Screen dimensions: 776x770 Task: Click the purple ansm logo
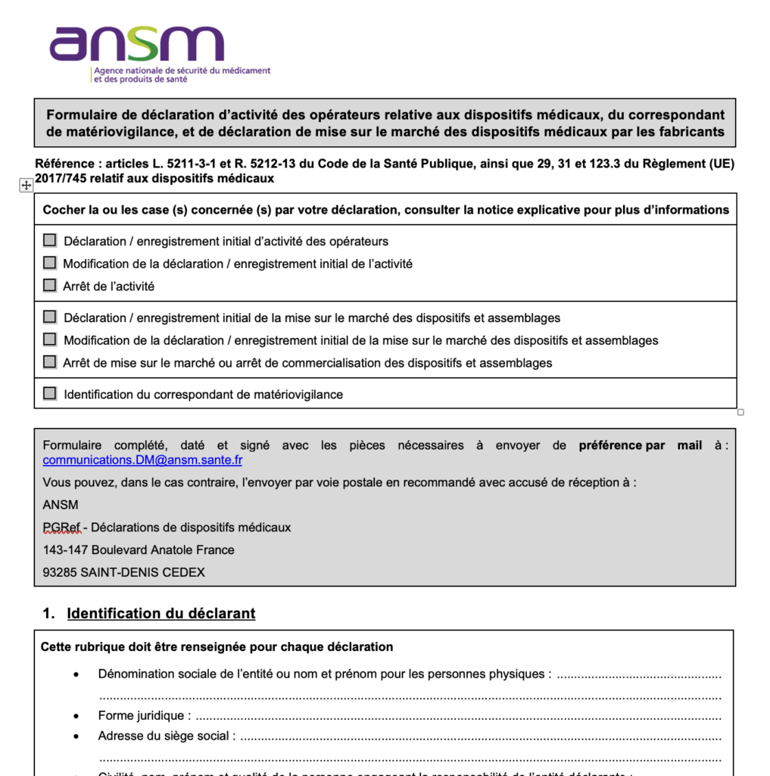(136, 45)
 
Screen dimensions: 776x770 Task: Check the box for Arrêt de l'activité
(50, 286)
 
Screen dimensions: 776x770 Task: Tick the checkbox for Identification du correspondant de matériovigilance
(50, 393)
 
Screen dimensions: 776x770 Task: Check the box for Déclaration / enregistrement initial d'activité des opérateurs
(50, 240)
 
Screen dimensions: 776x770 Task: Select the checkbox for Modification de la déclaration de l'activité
(50, 263)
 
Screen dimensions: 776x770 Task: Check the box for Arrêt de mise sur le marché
(50, 361)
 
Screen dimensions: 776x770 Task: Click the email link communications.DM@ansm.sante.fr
(142, 460)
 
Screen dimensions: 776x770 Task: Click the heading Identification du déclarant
(161, 613)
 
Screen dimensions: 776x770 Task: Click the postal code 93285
(59, 572)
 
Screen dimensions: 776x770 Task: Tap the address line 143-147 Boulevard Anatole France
(139, 549)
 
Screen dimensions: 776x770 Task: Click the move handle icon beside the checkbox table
(26, 186)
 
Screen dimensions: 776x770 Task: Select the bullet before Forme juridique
(76, 715)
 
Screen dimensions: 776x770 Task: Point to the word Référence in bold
(64, 164)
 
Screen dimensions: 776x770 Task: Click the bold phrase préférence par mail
(640, 446)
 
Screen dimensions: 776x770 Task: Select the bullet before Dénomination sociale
(76, 674)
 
